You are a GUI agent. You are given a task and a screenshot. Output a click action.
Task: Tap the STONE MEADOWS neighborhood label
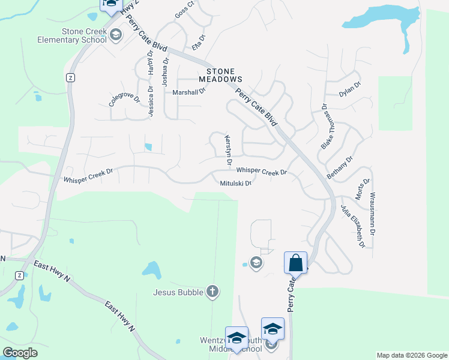pyautogui.click(x=220, y=75)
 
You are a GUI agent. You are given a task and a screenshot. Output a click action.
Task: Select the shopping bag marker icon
pyautogui.click(x=295, y=263)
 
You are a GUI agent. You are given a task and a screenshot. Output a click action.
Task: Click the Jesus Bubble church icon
pyautogui.click(x=211, y=292)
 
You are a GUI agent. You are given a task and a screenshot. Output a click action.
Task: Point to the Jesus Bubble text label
pyautogui.click(x=178, y=293)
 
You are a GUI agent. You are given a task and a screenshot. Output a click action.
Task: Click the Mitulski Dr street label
pyautogui.click(x=235, y=184)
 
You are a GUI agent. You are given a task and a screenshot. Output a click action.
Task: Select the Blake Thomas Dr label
pyautogui.click(x=326, y=127)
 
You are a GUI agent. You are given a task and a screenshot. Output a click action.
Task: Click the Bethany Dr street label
pyautogui.click(x=340, y=166)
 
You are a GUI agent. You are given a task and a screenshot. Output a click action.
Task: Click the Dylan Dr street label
pyautogui.click(x=349, y=89)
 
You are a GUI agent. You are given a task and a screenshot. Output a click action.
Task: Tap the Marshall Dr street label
pyautogui.click(x=189, y=92)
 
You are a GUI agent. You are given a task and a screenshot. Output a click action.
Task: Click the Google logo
pyautogui.click(x=20, y=352)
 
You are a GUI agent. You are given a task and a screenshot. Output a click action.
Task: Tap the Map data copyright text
pyautogui.click(x=411, y=355)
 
